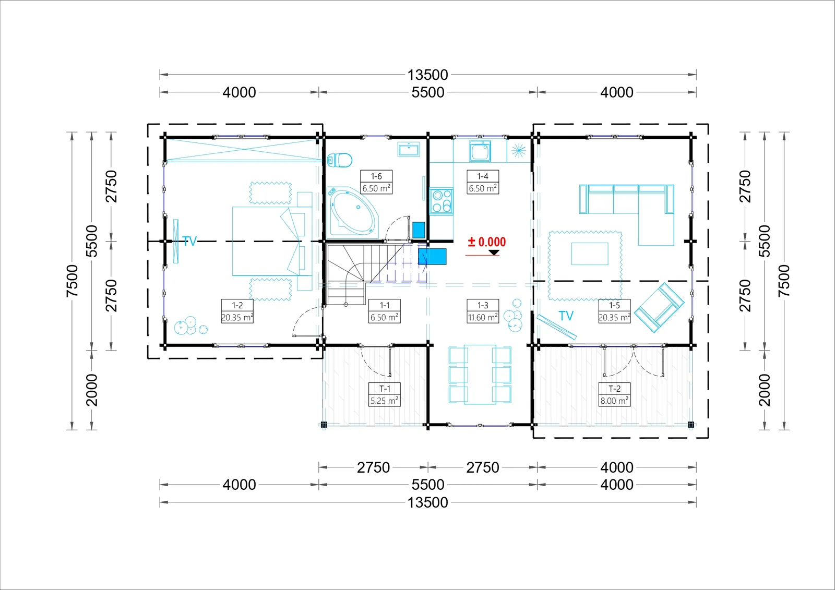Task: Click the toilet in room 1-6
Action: coord(340,161)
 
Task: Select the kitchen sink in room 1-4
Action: coord(480,151)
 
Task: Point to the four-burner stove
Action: coord(442,201)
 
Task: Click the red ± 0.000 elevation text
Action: coord(487,242)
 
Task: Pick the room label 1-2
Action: coord(237,305)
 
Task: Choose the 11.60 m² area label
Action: coord(483,318)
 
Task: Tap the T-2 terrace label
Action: coord(614,389)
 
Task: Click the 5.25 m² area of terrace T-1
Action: coord(384,401)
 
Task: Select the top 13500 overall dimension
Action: coord(427,75)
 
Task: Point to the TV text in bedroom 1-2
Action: coord(189,241)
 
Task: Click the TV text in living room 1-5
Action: coord(566,316)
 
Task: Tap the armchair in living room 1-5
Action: coord(659,307)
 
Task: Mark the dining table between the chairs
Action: coord(480,374)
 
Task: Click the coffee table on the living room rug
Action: coord(590,254)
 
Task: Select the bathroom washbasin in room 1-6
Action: coord(409,149)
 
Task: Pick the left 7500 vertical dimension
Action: coord(72,281)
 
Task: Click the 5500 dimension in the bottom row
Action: coord(428,485)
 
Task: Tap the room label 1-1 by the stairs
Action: coord(384,305)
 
